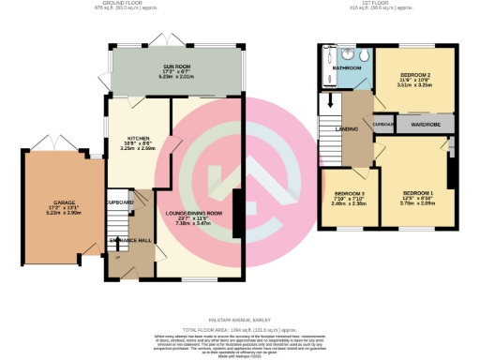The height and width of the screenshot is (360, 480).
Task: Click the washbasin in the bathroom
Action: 343,53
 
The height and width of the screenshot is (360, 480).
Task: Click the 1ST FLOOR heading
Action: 368,4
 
